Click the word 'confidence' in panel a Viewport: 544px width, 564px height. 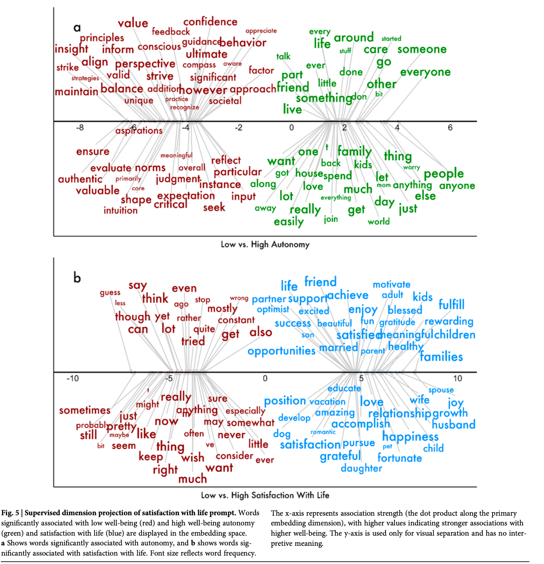(210, 22)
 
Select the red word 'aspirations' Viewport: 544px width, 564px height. (139, 131)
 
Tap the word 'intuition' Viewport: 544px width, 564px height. (121, 210)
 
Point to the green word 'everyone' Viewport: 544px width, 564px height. (425, 72)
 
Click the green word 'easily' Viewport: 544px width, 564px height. (288, 221)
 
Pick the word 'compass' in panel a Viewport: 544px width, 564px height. (199, 65)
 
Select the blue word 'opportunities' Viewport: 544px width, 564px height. (281, 351)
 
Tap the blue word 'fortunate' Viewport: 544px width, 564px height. (399, 458)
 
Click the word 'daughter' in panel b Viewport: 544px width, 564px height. (361, 468)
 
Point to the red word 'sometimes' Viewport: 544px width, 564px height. (85, 411)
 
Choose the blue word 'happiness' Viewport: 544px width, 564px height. (410, 437)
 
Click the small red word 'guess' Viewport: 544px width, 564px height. (110, 293)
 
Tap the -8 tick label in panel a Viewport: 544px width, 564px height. (79, 128)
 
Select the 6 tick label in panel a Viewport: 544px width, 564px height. (450, 128)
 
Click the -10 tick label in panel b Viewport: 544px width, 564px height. (72, 378)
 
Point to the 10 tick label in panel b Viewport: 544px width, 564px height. (457, 378)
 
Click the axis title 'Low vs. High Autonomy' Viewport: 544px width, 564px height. (265, 244)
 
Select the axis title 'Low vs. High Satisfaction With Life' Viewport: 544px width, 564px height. (265, 495)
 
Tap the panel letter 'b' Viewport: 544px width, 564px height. (77, 278)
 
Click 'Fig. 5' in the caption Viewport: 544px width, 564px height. (11, 513)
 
